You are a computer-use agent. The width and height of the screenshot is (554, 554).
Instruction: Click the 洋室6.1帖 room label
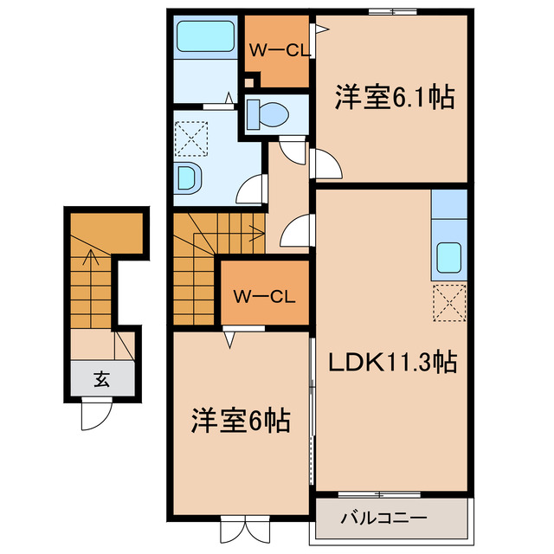pyautogui.click(x=395, y=98)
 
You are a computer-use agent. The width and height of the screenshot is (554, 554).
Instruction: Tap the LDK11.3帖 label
pyautogui.click(x=392, y=362)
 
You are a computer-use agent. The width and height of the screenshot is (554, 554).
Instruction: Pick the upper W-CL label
pyautogui.click(x=279, y=51)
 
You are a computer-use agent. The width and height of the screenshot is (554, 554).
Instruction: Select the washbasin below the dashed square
pyautogui.click(x=188, y=179)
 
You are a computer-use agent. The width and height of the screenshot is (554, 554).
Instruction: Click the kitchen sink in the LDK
pyautogui.click(x=448, y=257)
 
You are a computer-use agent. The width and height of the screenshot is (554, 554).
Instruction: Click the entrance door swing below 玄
pyautogui.click(x=93, y=415)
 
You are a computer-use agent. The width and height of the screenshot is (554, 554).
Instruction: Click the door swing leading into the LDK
pyautogui.click(x=297, y=231)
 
